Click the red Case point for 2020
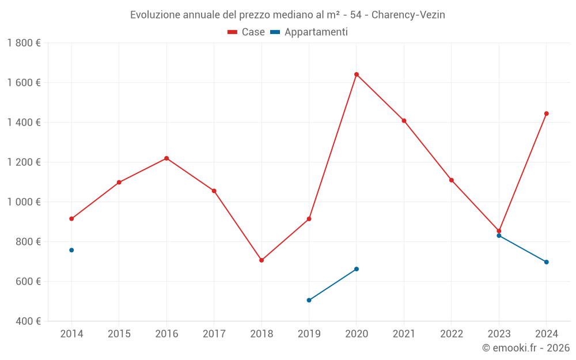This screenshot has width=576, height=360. point(357,74)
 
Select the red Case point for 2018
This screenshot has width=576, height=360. point(262,260)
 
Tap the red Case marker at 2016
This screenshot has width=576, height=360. point(166,158)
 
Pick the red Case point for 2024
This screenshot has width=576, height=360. point(547,113)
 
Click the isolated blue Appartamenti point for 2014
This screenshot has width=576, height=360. point(71,250)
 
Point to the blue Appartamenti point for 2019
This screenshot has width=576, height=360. point(309,300)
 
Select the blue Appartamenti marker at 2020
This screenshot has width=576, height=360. point(357,269)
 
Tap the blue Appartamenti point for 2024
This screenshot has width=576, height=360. point(547,262)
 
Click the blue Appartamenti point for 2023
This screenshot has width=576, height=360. point(499,236)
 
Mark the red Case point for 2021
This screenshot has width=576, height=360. point(404,121)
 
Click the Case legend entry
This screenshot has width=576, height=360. point(247,32)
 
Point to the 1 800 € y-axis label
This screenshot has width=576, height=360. point(24,43)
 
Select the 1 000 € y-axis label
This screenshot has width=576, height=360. point(24,202)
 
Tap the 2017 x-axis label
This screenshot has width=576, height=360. point(214,334)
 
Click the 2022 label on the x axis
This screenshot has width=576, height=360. point(451,334)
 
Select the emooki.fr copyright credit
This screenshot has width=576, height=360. point(526,348)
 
